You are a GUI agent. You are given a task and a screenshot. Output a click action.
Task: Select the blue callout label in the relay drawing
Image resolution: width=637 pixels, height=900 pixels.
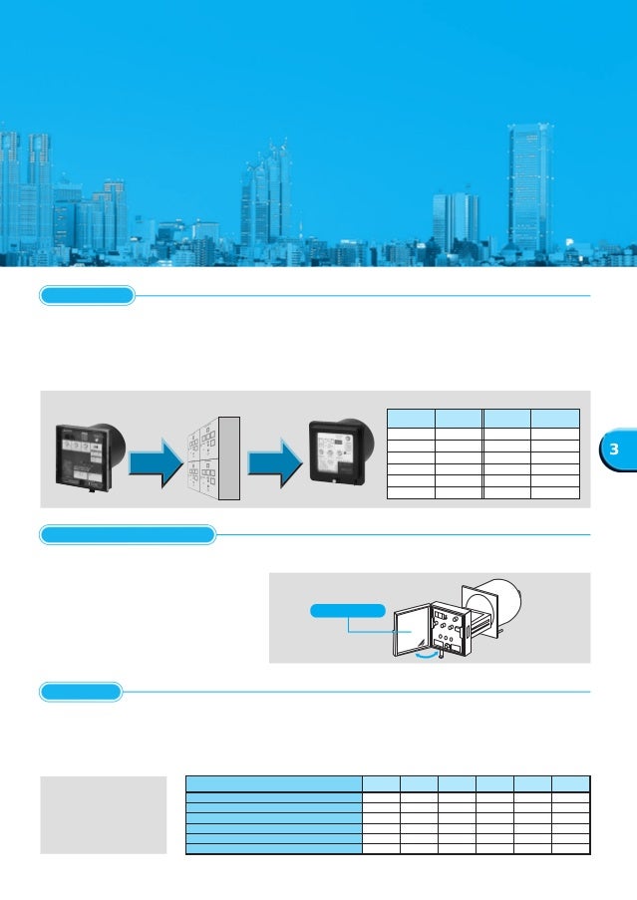pyautogui.click(x=346, y=610)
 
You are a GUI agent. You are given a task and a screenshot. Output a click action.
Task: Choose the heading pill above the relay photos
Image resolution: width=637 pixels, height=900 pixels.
pyautogui.click(x=87, y=295)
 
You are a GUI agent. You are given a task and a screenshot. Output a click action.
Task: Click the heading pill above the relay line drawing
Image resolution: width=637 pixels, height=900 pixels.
pyautogui.click(x=128, y=535)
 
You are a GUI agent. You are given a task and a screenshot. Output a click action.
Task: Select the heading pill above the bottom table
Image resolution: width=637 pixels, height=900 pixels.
pyautogui.click(x=81, y=691)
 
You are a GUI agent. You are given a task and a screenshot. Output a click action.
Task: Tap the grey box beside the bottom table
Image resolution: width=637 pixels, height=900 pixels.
pyautogui.click(x=103, y=814)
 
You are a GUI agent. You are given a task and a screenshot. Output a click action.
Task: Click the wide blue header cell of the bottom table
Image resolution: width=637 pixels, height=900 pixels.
pyautogui.click(x=274, y=783)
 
